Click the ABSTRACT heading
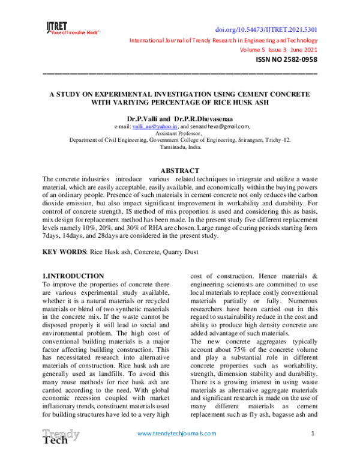[x=180, y=171]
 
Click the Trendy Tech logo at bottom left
[x=59, y=438]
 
